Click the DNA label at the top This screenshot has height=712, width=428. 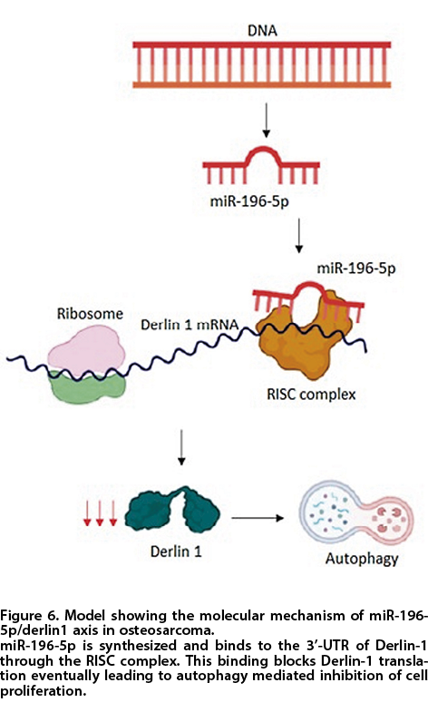262,31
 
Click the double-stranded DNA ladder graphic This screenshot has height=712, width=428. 262,64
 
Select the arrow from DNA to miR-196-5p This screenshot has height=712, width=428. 267,120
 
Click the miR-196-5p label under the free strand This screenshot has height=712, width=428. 249,200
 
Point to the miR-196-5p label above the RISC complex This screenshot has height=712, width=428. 356,268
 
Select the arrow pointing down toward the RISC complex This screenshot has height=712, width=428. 298,236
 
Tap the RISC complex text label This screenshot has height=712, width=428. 311,394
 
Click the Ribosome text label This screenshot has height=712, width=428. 90,313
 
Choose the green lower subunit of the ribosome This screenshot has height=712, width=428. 87,386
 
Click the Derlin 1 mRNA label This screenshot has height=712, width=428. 190,325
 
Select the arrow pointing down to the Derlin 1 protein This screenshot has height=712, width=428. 181,447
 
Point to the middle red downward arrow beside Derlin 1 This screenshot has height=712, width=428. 100,512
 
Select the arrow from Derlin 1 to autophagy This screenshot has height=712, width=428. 258,518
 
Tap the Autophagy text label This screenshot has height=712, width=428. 362,559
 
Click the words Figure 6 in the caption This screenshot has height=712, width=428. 27,616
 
